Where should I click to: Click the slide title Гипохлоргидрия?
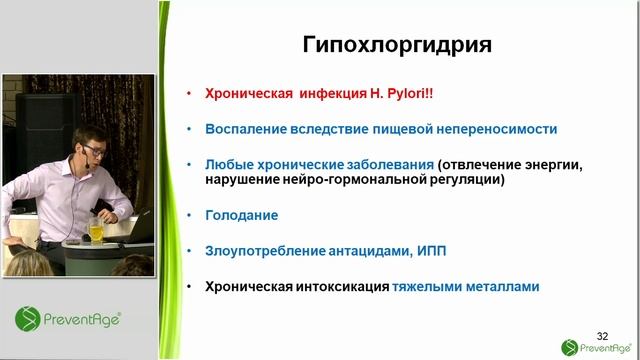pos(397,45)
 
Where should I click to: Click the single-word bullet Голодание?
pos(241,215)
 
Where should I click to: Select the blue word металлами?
pos(504,286)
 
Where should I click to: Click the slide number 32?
pos(602,334)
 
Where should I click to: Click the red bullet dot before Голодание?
pos(189,215)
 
